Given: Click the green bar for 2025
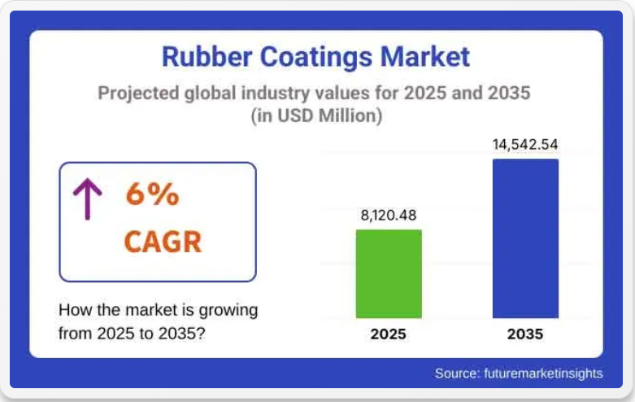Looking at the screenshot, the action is point(389,274).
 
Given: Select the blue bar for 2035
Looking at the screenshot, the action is point(526,238).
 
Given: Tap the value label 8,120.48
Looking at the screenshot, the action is point(389,215).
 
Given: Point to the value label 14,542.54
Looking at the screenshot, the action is point(525,145).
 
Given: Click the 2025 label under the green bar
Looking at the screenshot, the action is point(389,334).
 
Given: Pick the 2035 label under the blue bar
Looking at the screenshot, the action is point(525,334).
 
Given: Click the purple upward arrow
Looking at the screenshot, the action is point(88,199).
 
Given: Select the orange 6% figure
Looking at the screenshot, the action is point(152,194).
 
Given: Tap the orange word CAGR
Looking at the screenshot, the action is point(163,242).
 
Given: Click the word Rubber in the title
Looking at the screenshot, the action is point(207,56).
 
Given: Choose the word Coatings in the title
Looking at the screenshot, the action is point(316,57).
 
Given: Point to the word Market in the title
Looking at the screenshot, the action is point(424,56).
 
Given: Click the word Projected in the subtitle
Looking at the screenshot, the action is point(138,94).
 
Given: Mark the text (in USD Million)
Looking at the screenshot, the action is point(316,116).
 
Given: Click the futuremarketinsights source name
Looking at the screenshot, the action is point(543,374).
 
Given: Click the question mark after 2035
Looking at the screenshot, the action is point(201,334).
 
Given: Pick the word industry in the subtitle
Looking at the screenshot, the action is point(276,94).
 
